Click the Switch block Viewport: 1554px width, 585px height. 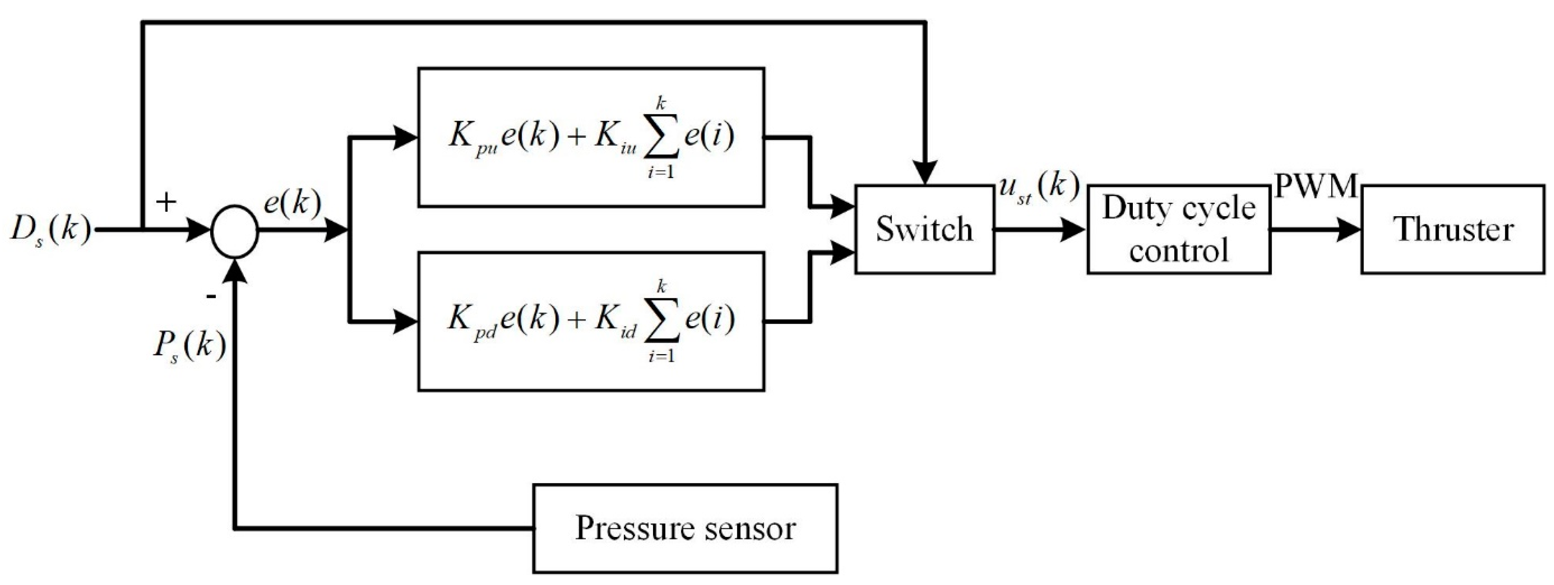(924, 229)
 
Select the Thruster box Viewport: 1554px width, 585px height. (1453, 229)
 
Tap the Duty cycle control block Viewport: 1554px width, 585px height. (1179, 229)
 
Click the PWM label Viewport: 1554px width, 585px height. (1315, 187)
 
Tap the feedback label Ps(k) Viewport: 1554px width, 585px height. (189, 349)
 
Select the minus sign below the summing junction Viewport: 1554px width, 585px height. (211, 297)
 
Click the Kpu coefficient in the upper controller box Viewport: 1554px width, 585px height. (472, 139)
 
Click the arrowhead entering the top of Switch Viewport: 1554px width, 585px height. (925, 173)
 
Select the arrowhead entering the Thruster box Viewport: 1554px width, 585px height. (1349, 230)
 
